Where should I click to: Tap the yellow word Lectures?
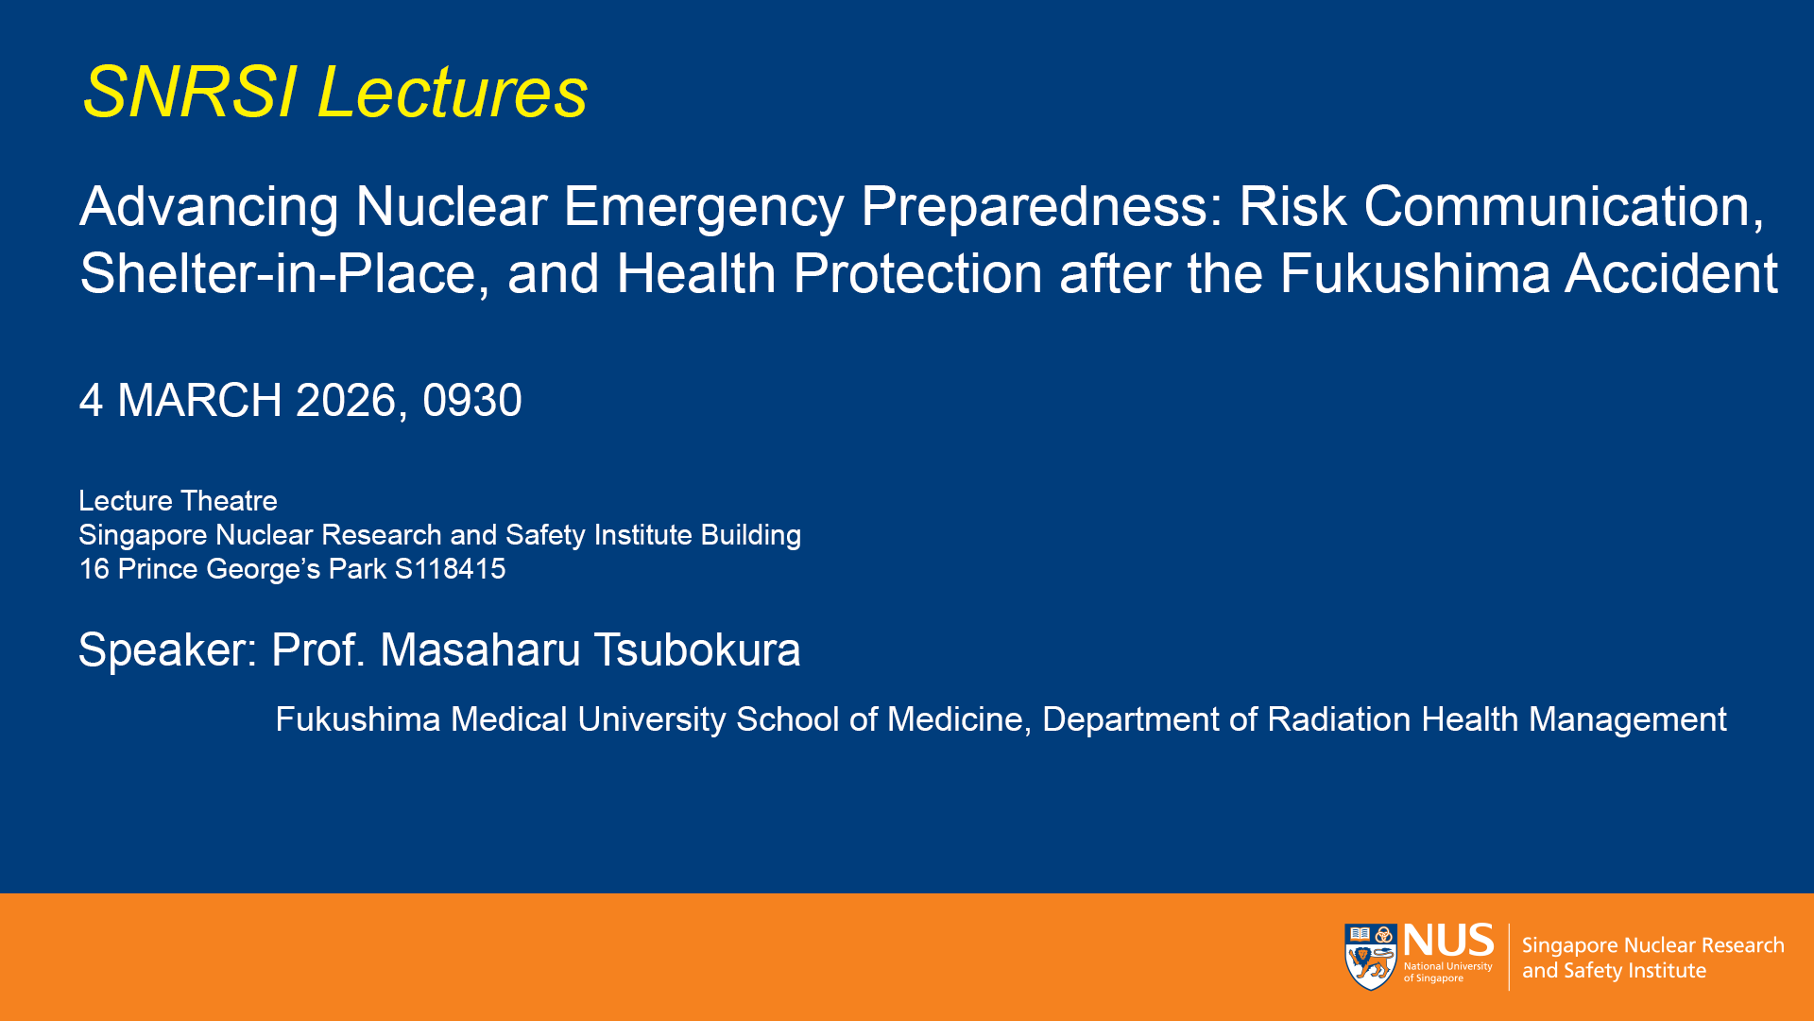tap(453, 93)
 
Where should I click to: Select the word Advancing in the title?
tap(209, 207)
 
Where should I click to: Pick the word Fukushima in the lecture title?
tap(1414, 274)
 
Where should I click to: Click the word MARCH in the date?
tap(199, 400)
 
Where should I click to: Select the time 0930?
tap(472, 400)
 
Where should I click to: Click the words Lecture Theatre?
tap(178, 501)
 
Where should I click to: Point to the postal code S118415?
tap(450, 569)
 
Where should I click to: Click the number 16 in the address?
tap(94, 569)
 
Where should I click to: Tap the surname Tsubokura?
tap(697, 650)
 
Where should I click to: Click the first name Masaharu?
tap(480, 650)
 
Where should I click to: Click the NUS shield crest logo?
tap(1371, 957)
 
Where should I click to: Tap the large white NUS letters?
tap(1448, 941)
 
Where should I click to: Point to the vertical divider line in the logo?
tap(1509, 957)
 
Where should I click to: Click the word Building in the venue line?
tap(751, 536)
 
